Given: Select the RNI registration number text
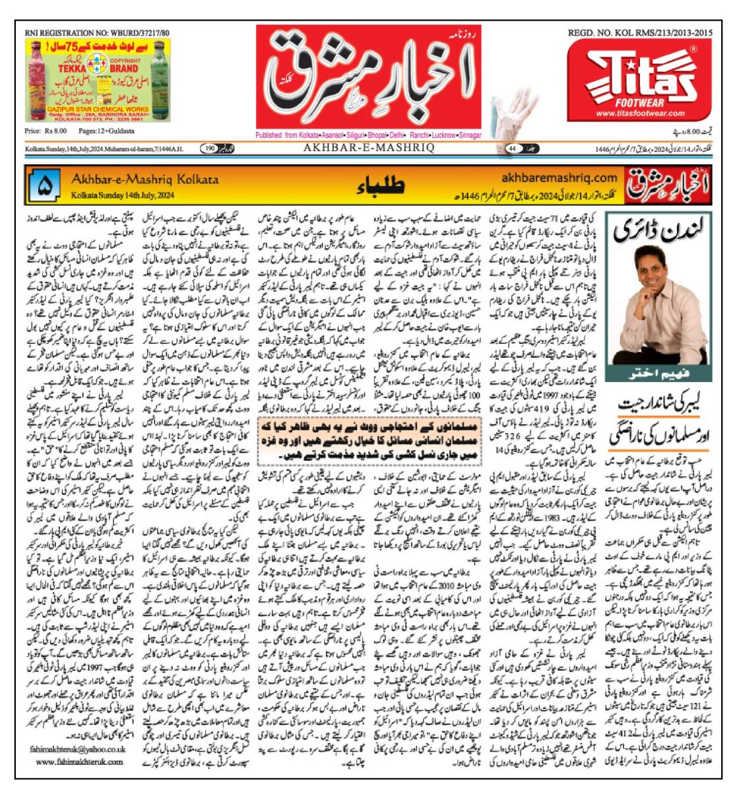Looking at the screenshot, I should (96, 32).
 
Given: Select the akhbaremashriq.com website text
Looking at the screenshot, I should (558, 177).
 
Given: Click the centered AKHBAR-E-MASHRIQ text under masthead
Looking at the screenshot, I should (368, 148).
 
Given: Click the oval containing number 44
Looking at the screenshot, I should (512, 148).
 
